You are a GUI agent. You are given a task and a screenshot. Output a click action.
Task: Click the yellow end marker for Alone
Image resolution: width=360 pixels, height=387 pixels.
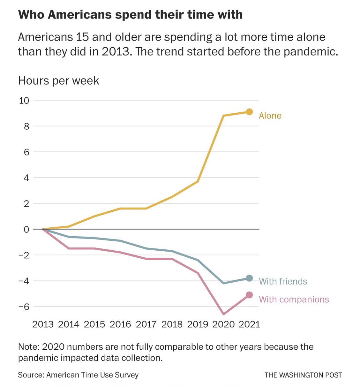point(249,112)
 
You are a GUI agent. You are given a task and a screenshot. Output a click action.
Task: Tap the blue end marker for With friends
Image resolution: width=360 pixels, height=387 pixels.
point(249,278)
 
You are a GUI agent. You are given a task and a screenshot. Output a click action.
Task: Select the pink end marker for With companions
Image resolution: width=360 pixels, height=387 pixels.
point(249,295)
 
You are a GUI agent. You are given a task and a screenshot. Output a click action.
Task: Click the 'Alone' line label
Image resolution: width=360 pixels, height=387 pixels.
point(270,116)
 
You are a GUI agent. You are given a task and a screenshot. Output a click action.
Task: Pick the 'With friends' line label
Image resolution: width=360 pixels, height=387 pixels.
point(283,281)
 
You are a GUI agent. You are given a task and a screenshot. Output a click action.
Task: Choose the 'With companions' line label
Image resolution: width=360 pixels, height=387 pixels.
point(294,300)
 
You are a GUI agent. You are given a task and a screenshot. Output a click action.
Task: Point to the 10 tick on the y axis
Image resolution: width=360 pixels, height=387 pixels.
point(24,101)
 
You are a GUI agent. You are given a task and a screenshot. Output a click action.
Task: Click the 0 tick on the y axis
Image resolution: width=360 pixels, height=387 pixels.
point(26,229)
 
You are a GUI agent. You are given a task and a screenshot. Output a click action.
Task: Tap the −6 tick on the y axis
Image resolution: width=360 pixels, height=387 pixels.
point(24,307)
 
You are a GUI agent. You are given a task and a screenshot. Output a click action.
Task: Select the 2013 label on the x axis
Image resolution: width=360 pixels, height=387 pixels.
point(43,324)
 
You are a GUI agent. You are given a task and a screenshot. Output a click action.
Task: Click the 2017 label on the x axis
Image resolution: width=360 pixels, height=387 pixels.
point(146,324)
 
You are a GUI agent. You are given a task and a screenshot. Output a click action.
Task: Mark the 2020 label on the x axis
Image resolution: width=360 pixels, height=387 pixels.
point(223,324)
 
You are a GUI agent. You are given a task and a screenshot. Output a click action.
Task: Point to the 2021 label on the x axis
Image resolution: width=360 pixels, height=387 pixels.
point(249,324)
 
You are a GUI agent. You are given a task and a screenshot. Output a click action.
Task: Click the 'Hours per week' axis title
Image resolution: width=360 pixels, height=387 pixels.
point(58,81)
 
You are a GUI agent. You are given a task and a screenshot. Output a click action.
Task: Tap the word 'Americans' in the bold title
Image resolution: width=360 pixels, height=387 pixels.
point(79,15)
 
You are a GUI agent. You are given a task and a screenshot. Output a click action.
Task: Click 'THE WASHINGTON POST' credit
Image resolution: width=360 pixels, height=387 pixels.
point(303,375)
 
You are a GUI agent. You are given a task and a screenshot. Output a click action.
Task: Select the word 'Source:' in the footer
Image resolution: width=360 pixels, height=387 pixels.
point(31,375)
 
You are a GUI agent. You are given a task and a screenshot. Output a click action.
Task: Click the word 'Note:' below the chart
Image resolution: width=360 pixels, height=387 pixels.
point(29,347)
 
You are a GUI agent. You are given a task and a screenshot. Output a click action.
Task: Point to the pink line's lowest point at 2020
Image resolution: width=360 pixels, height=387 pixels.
point(223,314)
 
